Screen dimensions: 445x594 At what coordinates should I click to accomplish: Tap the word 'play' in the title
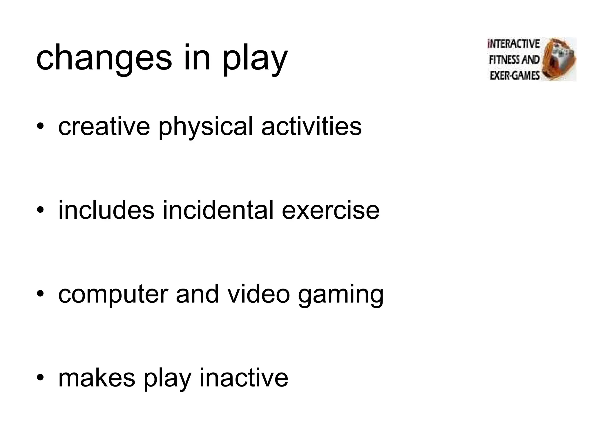255,59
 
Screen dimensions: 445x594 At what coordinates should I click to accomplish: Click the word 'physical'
206,127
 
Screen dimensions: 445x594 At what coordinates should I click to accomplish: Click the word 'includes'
106,210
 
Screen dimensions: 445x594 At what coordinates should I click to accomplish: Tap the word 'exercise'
330,210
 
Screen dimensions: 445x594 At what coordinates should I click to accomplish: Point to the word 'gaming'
341,296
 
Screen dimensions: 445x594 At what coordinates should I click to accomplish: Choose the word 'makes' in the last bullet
97,378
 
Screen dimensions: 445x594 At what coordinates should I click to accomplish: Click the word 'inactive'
244,378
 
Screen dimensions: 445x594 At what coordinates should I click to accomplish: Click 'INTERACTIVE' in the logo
514,44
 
